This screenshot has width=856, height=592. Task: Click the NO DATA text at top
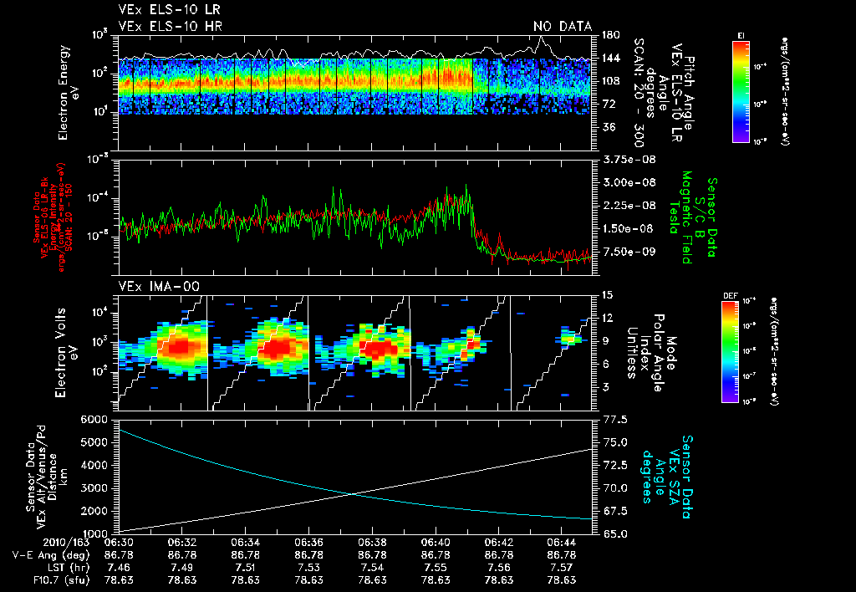pos(563,27)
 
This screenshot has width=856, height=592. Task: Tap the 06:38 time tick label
pos(373,543)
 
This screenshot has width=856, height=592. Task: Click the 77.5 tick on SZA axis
pos(617,418)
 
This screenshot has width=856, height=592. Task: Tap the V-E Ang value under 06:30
pos(120,554)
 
